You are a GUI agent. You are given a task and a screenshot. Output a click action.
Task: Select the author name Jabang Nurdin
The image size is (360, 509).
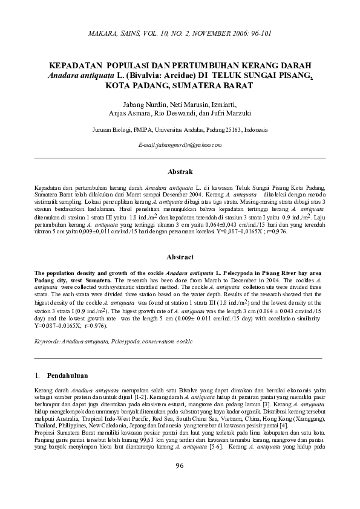[x=145, y=103]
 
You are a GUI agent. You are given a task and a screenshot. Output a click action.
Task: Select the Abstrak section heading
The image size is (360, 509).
[x=180, y=172]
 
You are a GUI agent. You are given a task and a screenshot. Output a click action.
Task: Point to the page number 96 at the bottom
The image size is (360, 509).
[x=179, y=482]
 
